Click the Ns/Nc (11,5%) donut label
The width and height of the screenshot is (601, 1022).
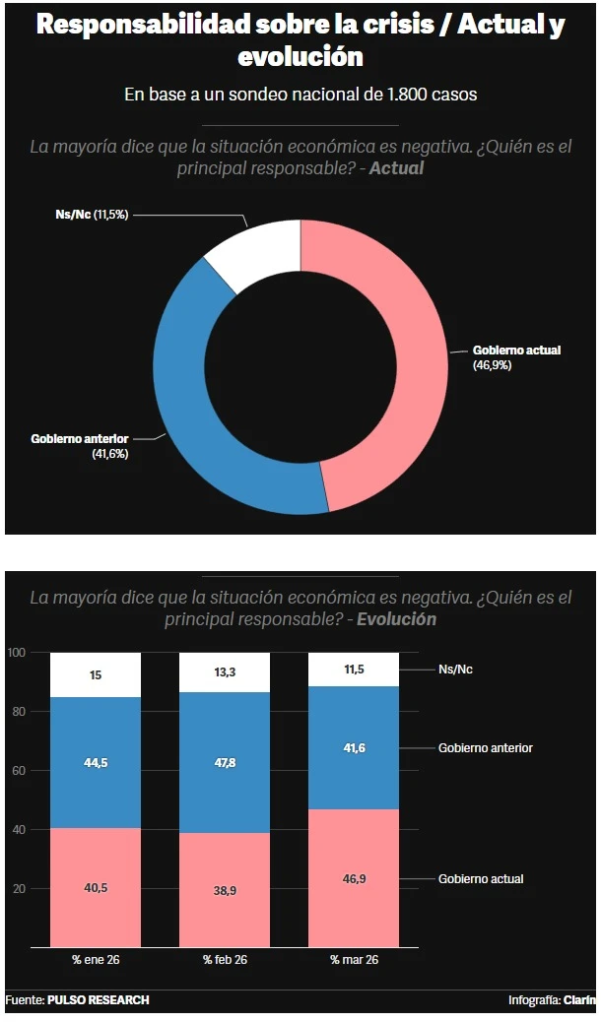(92, 215)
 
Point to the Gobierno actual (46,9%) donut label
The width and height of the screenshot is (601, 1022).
(516, 357)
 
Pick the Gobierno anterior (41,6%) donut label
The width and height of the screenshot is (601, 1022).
(80, 446)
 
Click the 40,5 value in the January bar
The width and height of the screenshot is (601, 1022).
(96, 888)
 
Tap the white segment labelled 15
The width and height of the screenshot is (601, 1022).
(96, 675)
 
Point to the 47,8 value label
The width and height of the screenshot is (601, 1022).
(225, 763)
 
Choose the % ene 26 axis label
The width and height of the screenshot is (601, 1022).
(96, 959)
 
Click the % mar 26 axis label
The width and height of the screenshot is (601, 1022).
(354, 959)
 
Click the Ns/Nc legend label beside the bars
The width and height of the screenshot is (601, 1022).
(455, 670)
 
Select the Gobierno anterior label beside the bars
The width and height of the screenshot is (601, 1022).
(486, 748)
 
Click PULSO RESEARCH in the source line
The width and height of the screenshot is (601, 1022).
(99, 1000)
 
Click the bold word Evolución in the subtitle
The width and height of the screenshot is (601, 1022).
(396, 620)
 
